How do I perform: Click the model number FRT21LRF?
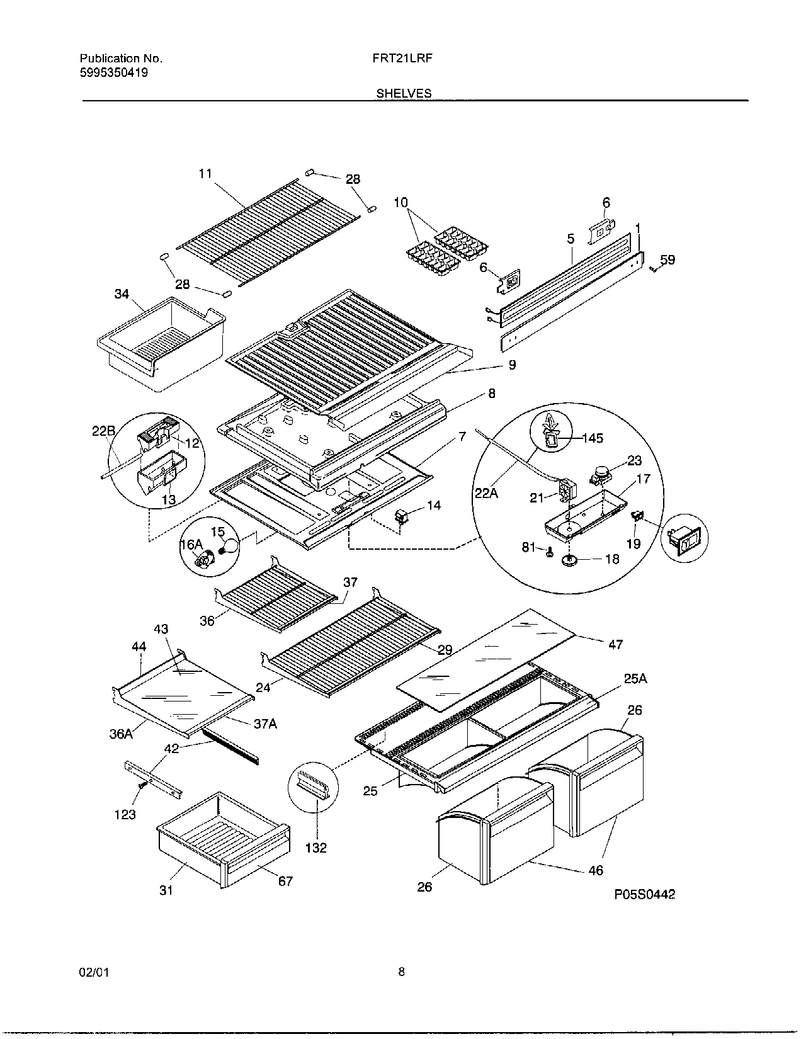(402, 59)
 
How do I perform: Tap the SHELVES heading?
(404, 93)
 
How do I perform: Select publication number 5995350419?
(114, 72)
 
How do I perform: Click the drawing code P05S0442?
(644, 894)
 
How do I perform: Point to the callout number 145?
(593, 438)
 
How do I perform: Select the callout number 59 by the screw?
(668, 259)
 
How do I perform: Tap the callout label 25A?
(635, 678)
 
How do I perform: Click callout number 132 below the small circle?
(315, 848)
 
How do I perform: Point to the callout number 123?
(125, 815)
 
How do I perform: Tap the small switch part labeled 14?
(400, 518)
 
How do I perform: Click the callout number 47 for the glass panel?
(615, 644)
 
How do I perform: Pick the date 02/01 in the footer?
(94, 972)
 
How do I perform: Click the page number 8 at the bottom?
(401, 972)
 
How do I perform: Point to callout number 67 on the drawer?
(285, 881)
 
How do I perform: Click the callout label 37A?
(265, 724)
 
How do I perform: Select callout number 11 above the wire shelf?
(205, 173)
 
